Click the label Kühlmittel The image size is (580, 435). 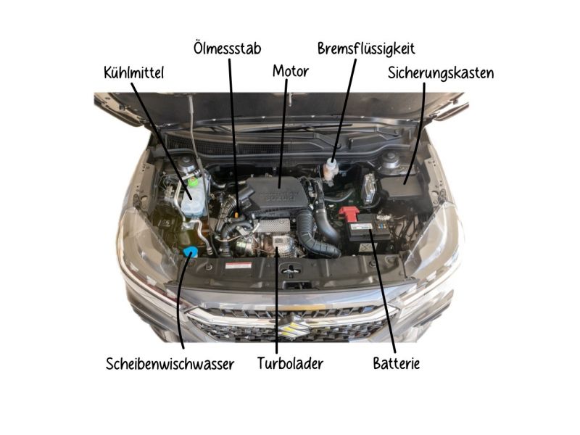point(134,72)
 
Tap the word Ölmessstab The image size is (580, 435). point(227,48)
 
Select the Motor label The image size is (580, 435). point(290,71)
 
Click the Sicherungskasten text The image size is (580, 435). point(441,72)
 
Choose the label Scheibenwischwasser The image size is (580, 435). point(170,363)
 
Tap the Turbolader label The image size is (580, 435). point(290,363)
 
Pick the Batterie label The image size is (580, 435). point(396,363)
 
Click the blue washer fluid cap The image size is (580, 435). point(191,252)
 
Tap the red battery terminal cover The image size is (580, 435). point(349,215)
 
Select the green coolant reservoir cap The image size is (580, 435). point(194,181)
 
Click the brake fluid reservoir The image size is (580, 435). point(331,170)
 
